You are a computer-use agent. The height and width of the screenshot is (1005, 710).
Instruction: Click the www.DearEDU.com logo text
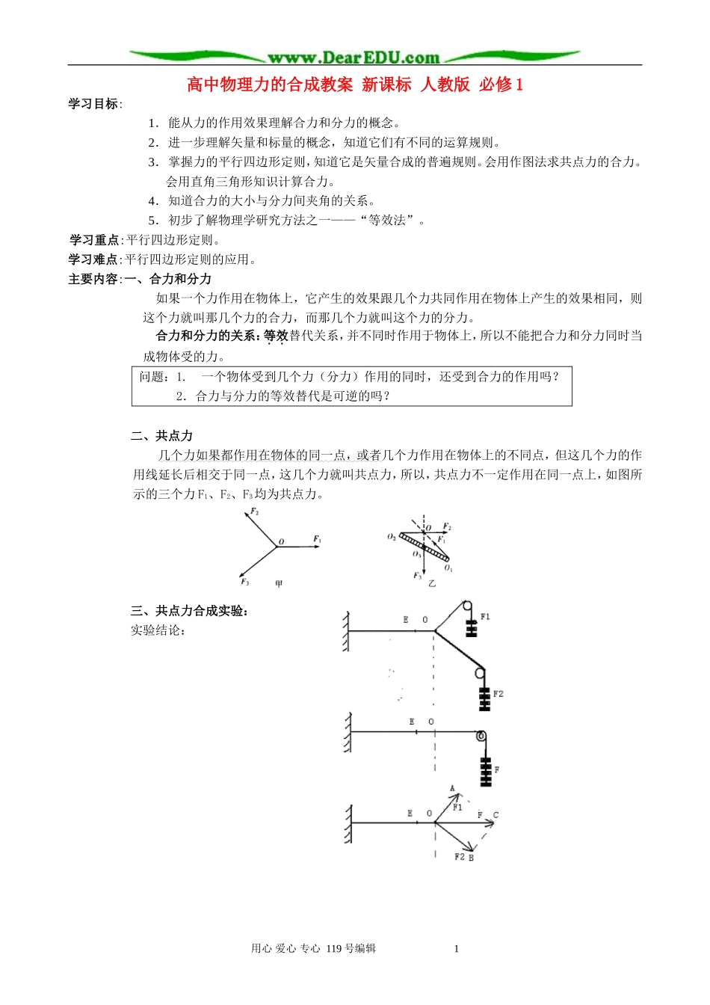click(x=354, y=58)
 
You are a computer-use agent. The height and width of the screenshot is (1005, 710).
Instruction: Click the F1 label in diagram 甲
click(x=317, y=539)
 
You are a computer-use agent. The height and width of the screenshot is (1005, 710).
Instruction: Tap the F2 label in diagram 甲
click(x=255, y=512)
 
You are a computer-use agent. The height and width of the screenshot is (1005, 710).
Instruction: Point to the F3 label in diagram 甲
click(x=244, y=582)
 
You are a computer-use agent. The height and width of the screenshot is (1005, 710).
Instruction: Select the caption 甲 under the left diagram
click(x=279, y=584)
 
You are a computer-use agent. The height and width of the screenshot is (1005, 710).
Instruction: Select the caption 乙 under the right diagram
click(x=432, y=583)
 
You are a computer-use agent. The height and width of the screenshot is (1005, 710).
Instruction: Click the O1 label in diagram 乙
click(x=448, y=568)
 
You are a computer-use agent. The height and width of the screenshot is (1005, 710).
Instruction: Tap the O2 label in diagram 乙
click(x=392, y=537)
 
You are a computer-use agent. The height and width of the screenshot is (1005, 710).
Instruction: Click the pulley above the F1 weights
click(x=466, y=606)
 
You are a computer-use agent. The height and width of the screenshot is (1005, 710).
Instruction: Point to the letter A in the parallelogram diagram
click(x=452, y=789)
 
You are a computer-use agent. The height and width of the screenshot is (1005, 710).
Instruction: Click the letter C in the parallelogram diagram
click(x=496, y=815)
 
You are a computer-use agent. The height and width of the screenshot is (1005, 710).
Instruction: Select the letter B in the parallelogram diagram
click(x=471, y=858)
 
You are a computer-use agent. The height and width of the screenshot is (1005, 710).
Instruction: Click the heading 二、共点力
click(x=161, y=436)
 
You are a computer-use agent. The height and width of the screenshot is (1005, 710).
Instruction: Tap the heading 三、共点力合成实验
click(x=189, y=611)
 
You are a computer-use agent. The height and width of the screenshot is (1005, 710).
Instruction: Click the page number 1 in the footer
click(x=457, y=949)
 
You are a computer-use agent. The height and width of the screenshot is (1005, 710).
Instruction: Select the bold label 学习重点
click(x=94, y=240)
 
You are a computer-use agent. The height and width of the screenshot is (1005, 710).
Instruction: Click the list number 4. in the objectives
click(x=153, y=200)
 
